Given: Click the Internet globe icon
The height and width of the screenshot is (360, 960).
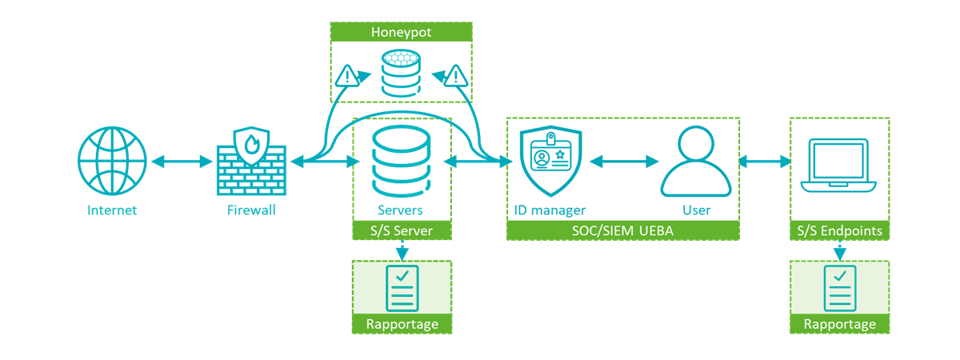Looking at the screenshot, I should pos(113,162).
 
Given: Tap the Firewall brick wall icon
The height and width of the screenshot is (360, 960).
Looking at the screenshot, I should pos(251,162).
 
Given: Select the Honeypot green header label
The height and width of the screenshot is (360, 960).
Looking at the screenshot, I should pos(401,32).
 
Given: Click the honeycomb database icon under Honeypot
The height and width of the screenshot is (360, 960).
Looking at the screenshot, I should pos(401,73).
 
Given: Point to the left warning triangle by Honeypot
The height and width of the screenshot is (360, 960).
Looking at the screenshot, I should pos(346,77).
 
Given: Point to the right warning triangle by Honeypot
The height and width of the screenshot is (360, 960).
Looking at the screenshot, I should pos(456,77).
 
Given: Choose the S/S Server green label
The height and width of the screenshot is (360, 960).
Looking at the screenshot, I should pos(402,231).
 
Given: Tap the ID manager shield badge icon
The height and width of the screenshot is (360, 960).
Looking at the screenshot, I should pos(550,162).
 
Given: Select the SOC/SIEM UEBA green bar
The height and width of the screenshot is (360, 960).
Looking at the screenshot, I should pos(622,231).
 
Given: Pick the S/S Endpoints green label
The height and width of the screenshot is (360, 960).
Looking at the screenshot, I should pos(839,231).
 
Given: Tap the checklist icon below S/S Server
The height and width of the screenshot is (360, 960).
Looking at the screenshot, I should pos(402,288).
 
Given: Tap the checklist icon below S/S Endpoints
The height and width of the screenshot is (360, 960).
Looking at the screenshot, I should pos(839,288).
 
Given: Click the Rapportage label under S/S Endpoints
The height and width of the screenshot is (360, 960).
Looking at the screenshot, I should pos(839,324).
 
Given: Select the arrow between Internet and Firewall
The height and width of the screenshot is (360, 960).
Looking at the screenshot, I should pos(182,162).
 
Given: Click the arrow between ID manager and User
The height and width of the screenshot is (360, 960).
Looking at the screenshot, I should pos(623,162).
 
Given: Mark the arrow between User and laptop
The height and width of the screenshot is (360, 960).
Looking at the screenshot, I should pos(764,162).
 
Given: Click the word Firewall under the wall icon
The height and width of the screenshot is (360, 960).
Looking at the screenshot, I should pos(251,210).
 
